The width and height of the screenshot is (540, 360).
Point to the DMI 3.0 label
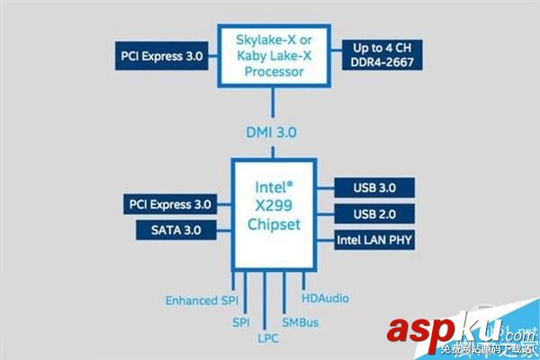(x=271, y=132)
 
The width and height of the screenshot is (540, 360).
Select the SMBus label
(x=301, y=321)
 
